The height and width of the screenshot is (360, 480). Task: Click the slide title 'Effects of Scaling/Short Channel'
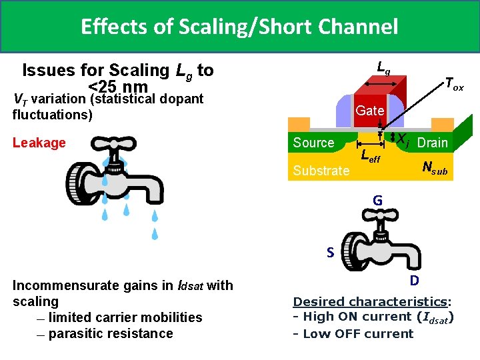239,27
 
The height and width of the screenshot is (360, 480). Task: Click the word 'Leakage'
39,143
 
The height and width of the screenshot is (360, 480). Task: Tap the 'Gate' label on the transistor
369,111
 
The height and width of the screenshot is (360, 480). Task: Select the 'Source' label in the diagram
313,143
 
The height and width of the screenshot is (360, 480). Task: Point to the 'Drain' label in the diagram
433,143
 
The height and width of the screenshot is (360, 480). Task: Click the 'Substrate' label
321,171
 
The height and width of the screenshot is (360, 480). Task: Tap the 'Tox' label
454,84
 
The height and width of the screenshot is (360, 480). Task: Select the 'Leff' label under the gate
370,157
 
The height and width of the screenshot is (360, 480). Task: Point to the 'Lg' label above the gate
383,67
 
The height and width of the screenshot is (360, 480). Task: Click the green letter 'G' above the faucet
377,201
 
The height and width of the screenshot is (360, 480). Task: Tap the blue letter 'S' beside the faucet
330,253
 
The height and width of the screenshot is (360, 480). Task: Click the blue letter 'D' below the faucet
414,279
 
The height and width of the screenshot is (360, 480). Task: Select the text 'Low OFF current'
358,333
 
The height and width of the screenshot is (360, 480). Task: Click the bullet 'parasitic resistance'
110,333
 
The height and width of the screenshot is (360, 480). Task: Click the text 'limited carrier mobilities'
125,317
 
